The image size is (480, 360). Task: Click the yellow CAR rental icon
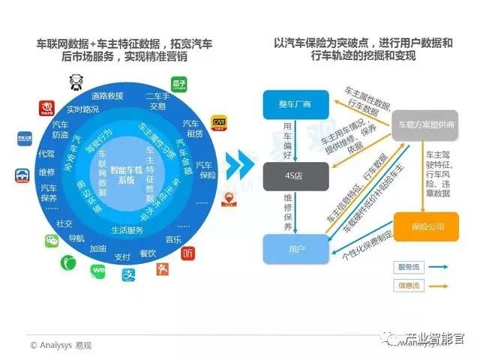(x=220, y=122)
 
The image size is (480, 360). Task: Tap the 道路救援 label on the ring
(x=106, y=96)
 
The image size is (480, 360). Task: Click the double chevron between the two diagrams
(x=238, y=163)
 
